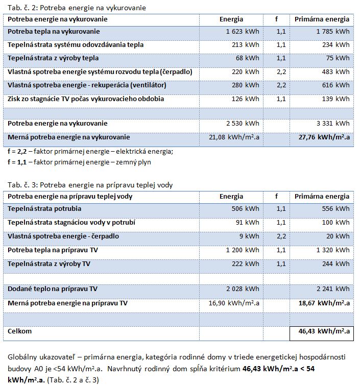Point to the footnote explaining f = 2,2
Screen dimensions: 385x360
(90, 151)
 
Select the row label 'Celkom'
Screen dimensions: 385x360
(20, 331)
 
